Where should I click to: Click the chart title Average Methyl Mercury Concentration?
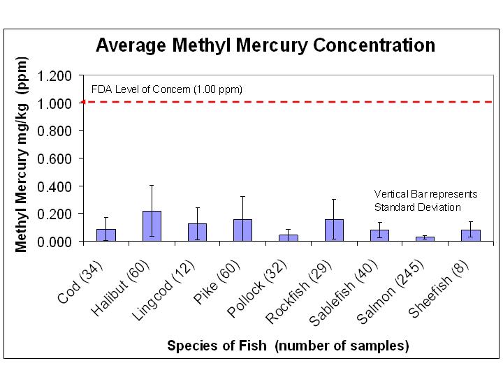tap(265, 45)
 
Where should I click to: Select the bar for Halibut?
tap(152, 226)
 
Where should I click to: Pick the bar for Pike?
tap(242, 230)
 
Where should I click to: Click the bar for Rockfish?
tap(334, 230)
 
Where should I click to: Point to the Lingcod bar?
tap(197, 232)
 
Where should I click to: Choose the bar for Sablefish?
tap(379, 235)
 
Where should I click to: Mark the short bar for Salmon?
tap(425, 239)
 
